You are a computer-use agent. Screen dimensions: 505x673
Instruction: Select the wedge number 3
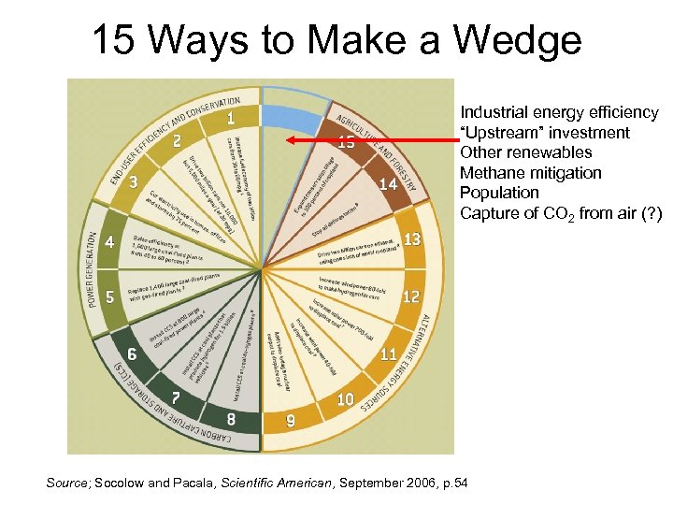click(135, 181)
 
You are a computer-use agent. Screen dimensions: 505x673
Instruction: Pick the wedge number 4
click(110, 242)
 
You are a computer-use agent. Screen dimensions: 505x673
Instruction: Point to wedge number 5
click(110, 299)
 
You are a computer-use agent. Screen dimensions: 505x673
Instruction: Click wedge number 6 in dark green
click(132, 354)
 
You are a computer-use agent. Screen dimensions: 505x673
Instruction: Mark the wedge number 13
click(411, 239)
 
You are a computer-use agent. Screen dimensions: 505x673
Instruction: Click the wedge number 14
click(389, 184)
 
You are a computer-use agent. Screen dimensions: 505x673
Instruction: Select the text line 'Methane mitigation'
click(530, 173)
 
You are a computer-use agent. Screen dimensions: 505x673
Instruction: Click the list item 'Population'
click(499, 193)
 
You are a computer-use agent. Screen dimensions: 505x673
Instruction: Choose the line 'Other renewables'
click(526, 152)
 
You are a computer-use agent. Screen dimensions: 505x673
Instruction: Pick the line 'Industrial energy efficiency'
click(560, 112)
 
